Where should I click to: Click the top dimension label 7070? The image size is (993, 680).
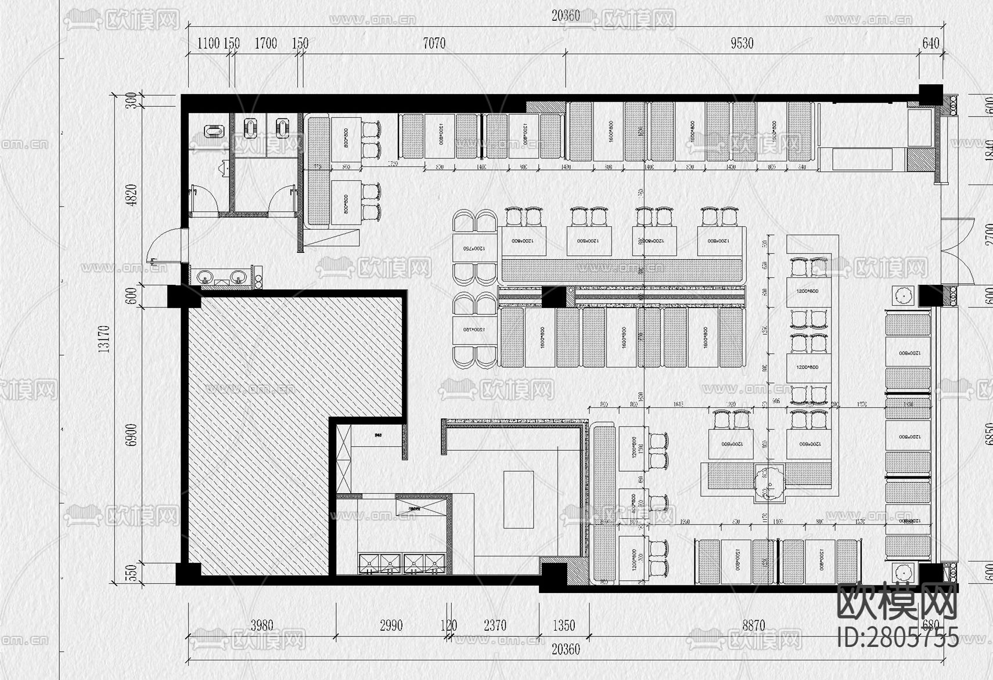[434, 44]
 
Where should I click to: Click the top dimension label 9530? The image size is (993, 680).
[742, 44]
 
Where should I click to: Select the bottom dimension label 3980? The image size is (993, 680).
[261, 625]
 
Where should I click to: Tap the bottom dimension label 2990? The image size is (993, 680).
[391, 625]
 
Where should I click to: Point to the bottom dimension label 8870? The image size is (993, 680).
[753, 625]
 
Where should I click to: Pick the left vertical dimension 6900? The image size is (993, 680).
[132, 435]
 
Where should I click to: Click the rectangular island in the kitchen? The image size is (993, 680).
[518, 500]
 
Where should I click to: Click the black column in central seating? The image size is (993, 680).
[554, 297]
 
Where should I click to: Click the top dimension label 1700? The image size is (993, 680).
[265, 44]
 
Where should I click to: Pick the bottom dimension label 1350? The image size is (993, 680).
[563, 625]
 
